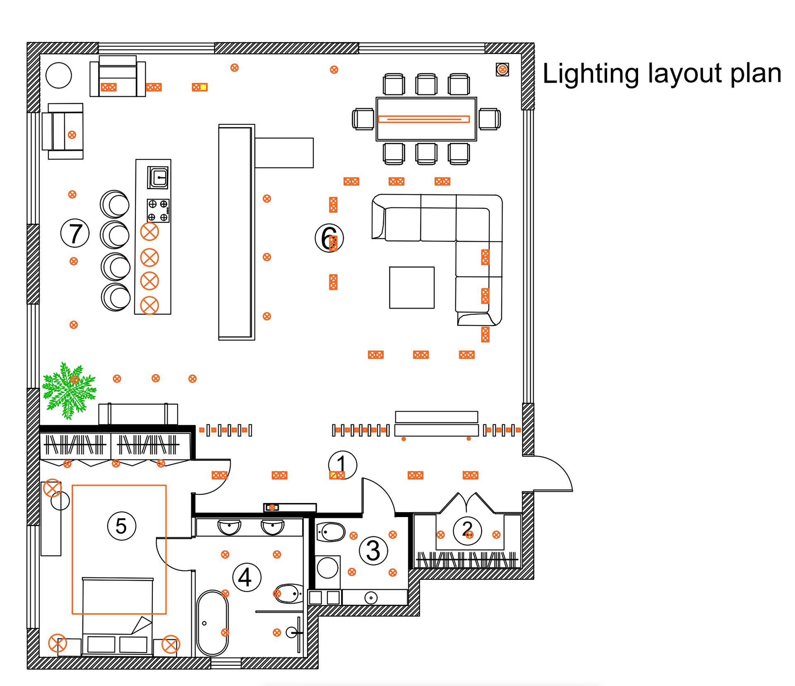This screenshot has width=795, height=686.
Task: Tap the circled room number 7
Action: pyautogui.click(x=75, y=233)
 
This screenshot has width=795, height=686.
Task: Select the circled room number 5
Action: pyautogui.click(x=121, y=526)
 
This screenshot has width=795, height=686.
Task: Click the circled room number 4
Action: pyautogui.click(x=247, y=577)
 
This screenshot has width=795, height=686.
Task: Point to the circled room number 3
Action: pyautogui.click(x=373, y=551)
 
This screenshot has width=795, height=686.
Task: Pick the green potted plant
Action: pyautogui.click(x=69, y=390)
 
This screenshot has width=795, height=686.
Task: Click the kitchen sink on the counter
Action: pyautogui.click(x=158, y=178)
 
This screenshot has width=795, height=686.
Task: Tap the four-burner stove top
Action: pyautogui.click(x=158, y=210)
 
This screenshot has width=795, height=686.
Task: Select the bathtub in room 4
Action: pyautogui.click(x=212, y=623)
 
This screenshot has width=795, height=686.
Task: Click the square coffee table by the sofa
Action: pyautogui.click(x=412, y=287)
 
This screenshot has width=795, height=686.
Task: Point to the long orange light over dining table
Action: pyautogui.click(x=424, y=119)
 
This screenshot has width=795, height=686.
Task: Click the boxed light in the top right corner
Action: pyautogui.click(x=502, y=70)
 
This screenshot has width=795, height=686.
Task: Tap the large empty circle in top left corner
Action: pyautogui.click(x=59, y=75)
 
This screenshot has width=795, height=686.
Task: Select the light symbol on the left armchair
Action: pyautogui.click(x=72, y=135)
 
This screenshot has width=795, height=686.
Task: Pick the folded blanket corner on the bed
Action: pyautogui.click(x=142, y=625)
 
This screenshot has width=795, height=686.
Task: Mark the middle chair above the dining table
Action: pyautogui.click(x=426, y=85)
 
